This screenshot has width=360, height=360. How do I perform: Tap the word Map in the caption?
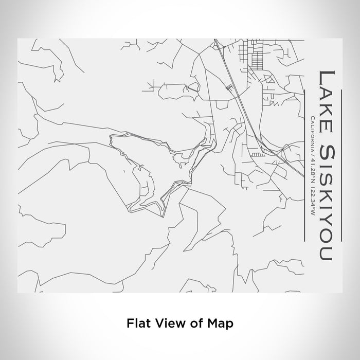[221, 323]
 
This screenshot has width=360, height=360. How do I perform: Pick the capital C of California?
[312, 119]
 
